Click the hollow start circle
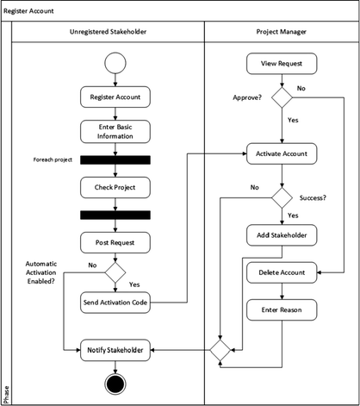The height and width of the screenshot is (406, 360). click(115, 63)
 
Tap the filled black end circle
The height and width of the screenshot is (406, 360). click(115, 384)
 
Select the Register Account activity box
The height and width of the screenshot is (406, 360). click(115, 97)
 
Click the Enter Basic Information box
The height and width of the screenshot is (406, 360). click(115, 132)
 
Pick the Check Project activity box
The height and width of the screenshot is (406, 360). click(115, 187)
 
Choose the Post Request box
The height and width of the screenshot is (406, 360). click(115, 243)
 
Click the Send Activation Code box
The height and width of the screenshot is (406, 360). click(115, 303)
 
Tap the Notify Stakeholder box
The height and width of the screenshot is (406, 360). click(115, 350)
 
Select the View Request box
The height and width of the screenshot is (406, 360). click(282, 64)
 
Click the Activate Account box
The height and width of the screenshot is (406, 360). click(282, 153)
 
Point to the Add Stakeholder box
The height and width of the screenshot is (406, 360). click(282, 235)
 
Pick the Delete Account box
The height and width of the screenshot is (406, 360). click(282, 272)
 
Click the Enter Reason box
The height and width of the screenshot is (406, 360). click(282, 309)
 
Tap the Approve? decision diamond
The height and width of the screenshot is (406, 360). click(282, 97)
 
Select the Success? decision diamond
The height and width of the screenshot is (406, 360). click(282, 198)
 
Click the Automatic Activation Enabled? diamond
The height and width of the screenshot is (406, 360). click(115, 272)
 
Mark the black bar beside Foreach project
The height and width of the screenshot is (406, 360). click(115, 160)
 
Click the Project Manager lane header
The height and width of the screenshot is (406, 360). click(282, 32)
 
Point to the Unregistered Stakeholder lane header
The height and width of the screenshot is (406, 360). click(108, 32)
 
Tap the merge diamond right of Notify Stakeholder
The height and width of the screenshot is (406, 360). click(220, 350)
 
